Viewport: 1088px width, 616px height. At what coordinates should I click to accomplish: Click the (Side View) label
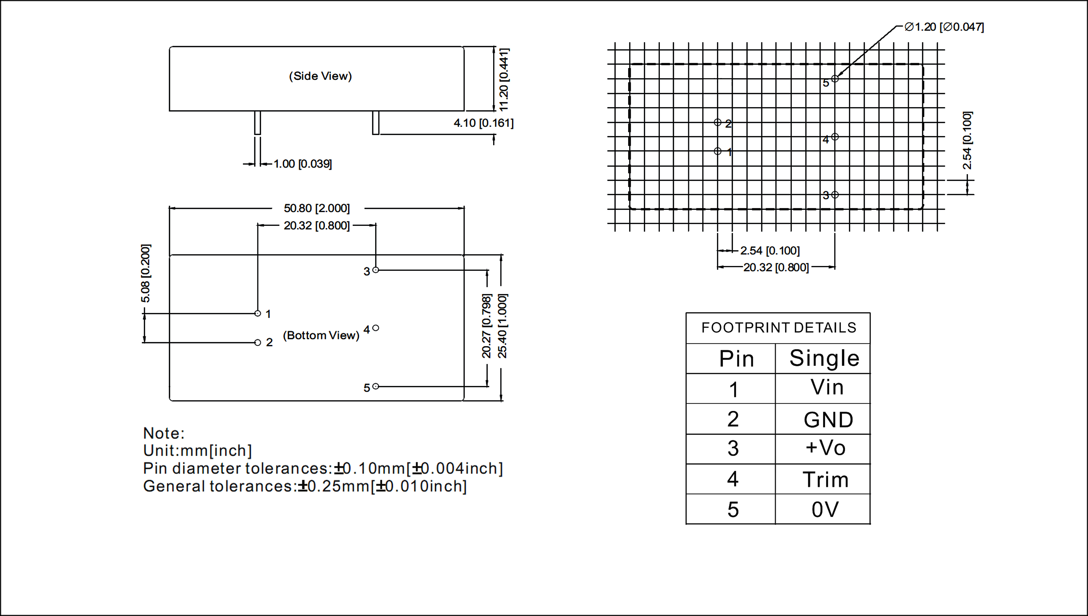click(x=320, y=76)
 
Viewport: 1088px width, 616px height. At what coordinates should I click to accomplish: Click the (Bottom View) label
click(x=321, y=335)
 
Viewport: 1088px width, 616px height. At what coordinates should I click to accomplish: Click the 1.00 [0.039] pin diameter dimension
click(x=303, y=164)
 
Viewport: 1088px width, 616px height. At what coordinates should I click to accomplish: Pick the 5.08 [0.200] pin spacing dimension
click(x=145, y=273)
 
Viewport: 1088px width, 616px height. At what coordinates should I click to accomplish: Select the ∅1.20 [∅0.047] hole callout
click(x=944, y=27)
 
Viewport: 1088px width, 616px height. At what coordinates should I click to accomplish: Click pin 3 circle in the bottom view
click(x=376, y=270)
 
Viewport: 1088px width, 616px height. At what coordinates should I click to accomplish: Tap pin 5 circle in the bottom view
click(x=376, y=386)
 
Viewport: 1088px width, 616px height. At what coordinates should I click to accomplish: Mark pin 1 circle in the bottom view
click(x=258, y=314)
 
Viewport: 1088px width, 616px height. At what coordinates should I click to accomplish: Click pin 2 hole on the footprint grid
click(x=718, y=122)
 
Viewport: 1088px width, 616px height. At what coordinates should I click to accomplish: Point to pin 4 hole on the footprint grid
click(x=835, y=137)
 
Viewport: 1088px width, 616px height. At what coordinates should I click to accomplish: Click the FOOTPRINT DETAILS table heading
click(x=778, y=328)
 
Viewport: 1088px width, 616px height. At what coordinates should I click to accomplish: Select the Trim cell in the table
click(x=825, y=479)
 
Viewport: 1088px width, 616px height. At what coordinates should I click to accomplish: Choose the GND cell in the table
click(x=828, y=420)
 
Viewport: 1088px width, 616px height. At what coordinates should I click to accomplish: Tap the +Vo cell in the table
click(x=825, y=448)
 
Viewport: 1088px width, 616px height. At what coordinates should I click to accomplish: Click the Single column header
click(x=824, y=358)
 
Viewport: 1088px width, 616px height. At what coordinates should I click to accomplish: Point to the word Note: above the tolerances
click(x=164, y=433)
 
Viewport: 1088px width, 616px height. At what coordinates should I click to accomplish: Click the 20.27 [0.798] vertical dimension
click(x=487, y=326)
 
